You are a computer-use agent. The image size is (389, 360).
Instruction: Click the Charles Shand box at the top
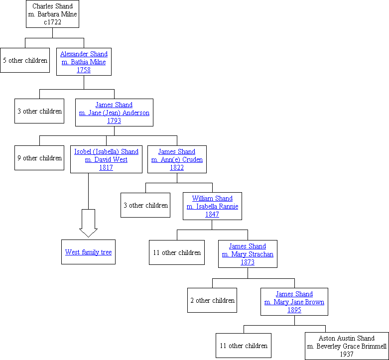click(52, 14)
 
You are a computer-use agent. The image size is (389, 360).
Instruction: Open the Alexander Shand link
click(84, 54)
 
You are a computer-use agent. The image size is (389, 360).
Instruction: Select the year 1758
click(84, 70)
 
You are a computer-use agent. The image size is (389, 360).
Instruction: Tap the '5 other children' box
click(25, 60)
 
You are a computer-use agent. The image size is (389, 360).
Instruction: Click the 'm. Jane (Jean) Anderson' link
click(114, 113)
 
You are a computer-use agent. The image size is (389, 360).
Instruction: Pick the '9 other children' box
click(39, 158)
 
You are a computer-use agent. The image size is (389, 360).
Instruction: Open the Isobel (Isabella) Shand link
click(106, 151)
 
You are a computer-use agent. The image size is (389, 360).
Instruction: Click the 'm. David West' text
click(106, 159)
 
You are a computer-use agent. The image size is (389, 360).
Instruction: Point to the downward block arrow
click(88, 223)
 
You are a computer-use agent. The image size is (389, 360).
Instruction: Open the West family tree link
click(88, 252)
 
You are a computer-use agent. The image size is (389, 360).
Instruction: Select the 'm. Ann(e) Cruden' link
click(177, 159)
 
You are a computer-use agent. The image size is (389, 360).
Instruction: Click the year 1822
click(177, 167)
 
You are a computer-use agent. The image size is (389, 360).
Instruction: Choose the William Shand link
click(212, 198)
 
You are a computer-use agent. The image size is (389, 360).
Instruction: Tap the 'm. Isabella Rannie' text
click(212, 206)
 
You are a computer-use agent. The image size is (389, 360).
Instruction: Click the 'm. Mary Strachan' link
click(248, 254)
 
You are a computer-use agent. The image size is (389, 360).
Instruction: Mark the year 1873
click(248, 262)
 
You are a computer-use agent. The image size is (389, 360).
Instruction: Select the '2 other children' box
click(212, 300)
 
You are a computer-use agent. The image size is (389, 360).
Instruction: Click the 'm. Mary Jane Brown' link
click(294, 302)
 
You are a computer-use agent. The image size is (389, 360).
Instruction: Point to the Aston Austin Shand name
click(347, 339)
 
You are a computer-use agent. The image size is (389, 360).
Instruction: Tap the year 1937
click(347, 355)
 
